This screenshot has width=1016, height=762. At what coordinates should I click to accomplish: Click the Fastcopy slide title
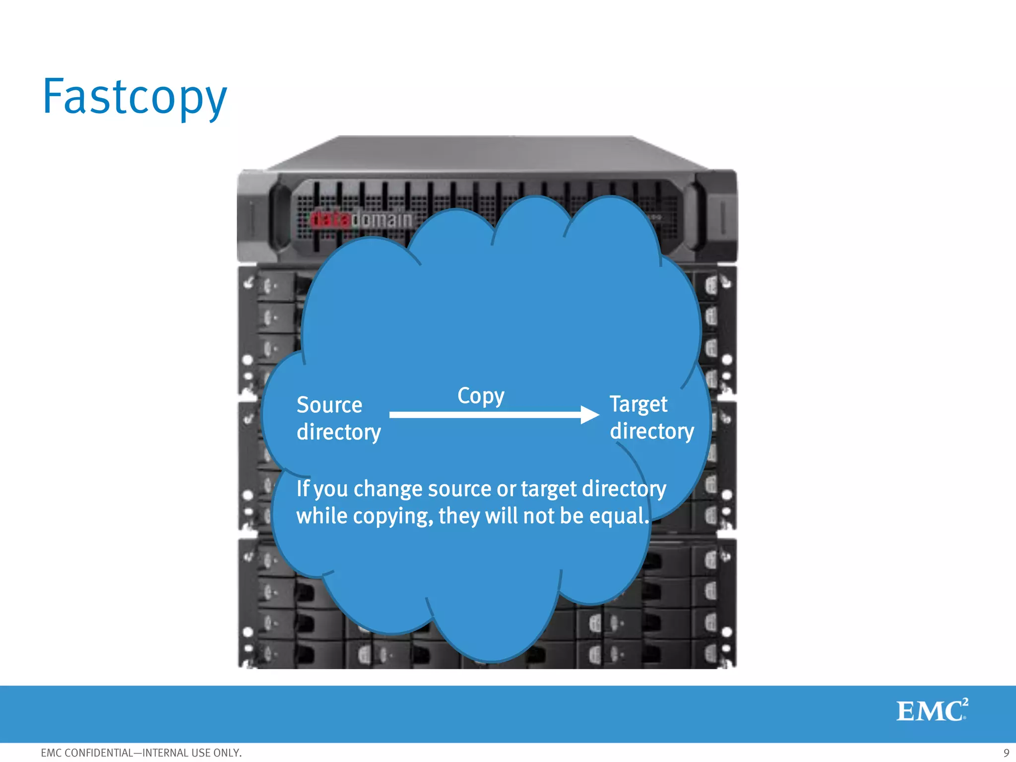pos(134,97)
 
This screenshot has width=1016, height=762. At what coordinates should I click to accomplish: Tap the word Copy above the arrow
pos(481,396)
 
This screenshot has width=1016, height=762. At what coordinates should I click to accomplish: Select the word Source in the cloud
pos(329,405)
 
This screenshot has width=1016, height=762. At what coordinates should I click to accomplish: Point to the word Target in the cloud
pos(638,405)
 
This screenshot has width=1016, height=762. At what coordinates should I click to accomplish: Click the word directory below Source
pos(339,433)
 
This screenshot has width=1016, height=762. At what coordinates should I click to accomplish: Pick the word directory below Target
pos(652,432)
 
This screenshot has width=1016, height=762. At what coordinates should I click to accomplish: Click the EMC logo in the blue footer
pos(931,710)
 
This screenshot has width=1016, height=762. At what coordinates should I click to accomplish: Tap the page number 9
pos(1006,753)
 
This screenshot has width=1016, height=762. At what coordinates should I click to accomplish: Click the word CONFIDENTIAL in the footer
pos(99,753)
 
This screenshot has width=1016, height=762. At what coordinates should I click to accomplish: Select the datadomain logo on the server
pos(361,219)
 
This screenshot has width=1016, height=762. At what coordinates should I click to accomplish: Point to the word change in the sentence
pos(387,489)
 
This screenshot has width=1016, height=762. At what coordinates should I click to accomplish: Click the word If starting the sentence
pos(303,489)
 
